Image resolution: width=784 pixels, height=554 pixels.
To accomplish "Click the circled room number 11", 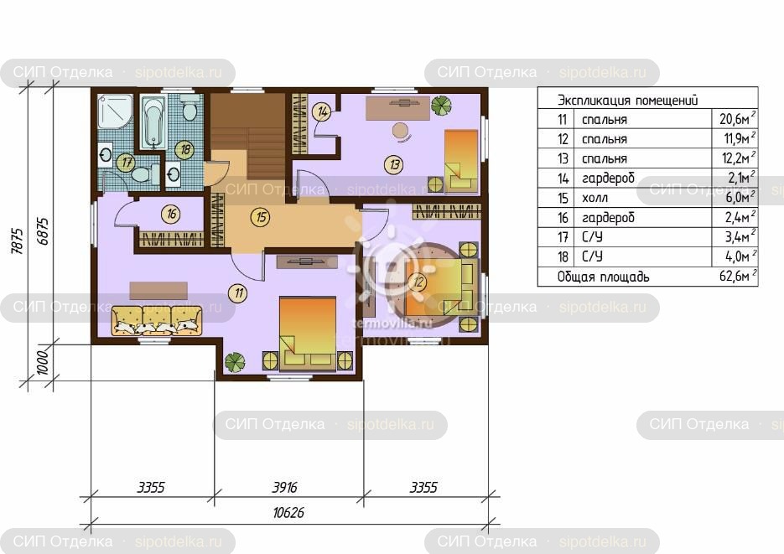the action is pyautogui.click(x=239, y=293).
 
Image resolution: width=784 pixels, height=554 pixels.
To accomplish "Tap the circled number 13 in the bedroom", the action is pyautogui.click(x=394, y=164).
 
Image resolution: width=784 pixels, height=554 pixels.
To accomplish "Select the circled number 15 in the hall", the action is pyautogui.click(x=261, y=217).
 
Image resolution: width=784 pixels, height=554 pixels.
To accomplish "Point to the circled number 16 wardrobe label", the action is pyautogui.click(x=172, y=215).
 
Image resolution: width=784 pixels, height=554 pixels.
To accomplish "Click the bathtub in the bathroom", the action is pyautogui.click(x=153, y=122).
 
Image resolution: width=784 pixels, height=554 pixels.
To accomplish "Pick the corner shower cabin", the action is pyautogui.click(x=115, y=112).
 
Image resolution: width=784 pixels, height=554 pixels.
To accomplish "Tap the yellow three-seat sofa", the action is pyautogui.click(x=157, y=320).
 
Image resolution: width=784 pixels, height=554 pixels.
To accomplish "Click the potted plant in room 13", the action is pyautogui.click(x=442, y=106).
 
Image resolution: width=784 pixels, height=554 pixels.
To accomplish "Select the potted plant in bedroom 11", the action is pyautogui.click(x=235, y=362).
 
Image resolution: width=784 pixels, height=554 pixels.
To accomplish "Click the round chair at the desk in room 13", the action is pyautogui.click(x=401, y=132).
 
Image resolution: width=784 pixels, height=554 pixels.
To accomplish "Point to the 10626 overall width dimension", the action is pyautogui.click(x=288, y=513).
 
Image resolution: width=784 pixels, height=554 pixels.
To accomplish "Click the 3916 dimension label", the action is pyautogui.click(x=284, y=487).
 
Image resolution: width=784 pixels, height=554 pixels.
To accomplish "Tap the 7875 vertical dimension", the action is pyautogui.click(x=17, y=241).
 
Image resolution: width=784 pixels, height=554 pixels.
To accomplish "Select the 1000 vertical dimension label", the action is pyautogui.click(x=43, y=363).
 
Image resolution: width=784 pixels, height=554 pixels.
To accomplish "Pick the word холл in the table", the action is pyautogui.click(x=595, y=198).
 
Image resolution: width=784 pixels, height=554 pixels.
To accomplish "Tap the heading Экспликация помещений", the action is pyautogui.click(x=627, y=100).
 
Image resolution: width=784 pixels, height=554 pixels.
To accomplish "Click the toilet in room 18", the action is pyautogui.click(x=190, y=110).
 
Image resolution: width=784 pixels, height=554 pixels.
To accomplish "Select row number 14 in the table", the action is pyautogui.click(x=563, y=178).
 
